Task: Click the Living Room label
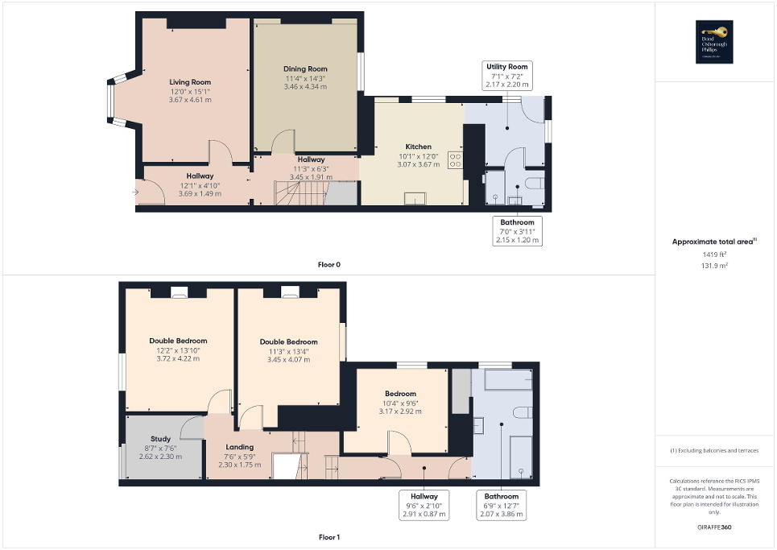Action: [190, 82]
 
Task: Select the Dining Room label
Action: [305, 68]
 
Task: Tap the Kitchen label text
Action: [419, 147]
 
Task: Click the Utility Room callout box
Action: [507, 75]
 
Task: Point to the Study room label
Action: [161, 439]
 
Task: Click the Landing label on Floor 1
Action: [240, 447]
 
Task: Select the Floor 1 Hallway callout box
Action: [424, 505]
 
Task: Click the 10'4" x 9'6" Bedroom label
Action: [400, 393]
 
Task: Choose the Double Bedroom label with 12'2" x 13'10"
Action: [178, 341]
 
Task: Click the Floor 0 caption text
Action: [329, 264]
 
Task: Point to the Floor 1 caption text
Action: [329, 536]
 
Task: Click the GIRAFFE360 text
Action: [716, 527]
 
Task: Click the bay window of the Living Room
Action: [114, 101]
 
